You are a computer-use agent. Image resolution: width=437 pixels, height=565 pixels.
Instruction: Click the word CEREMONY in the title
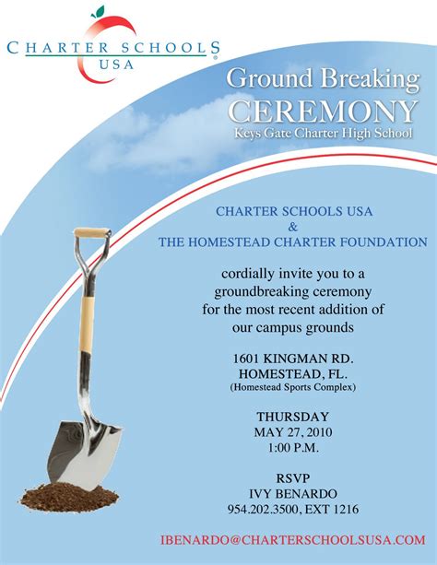[322, 112]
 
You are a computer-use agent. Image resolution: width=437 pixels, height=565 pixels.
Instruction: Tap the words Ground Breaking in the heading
[322, 79]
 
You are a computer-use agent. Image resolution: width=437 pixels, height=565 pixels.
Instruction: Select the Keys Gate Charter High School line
[322, 135]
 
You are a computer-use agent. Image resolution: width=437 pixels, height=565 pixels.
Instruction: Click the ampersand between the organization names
[293, 227]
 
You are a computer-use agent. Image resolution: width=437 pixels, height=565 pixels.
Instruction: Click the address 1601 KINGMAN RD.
[293, 357]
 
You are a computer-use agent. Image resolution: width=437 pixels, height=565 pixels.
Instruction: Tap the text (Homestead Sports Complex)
[293, 388]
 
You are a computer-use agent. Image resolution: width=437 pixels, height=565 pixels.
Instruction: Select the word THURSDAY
[293, 417]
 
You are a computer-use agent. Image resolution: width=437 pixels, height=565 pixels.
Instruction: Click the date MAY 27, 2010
[293, 432]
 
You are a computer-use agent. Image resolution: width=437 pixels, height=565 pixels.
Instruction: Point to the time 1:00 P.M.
[293, 448]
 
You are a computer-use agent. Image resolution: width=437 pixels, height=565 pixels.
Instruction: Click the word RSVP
[293, 477]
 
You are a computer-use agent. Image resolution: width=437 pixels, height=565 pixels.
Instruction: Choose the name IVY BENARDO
[293, 493]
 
